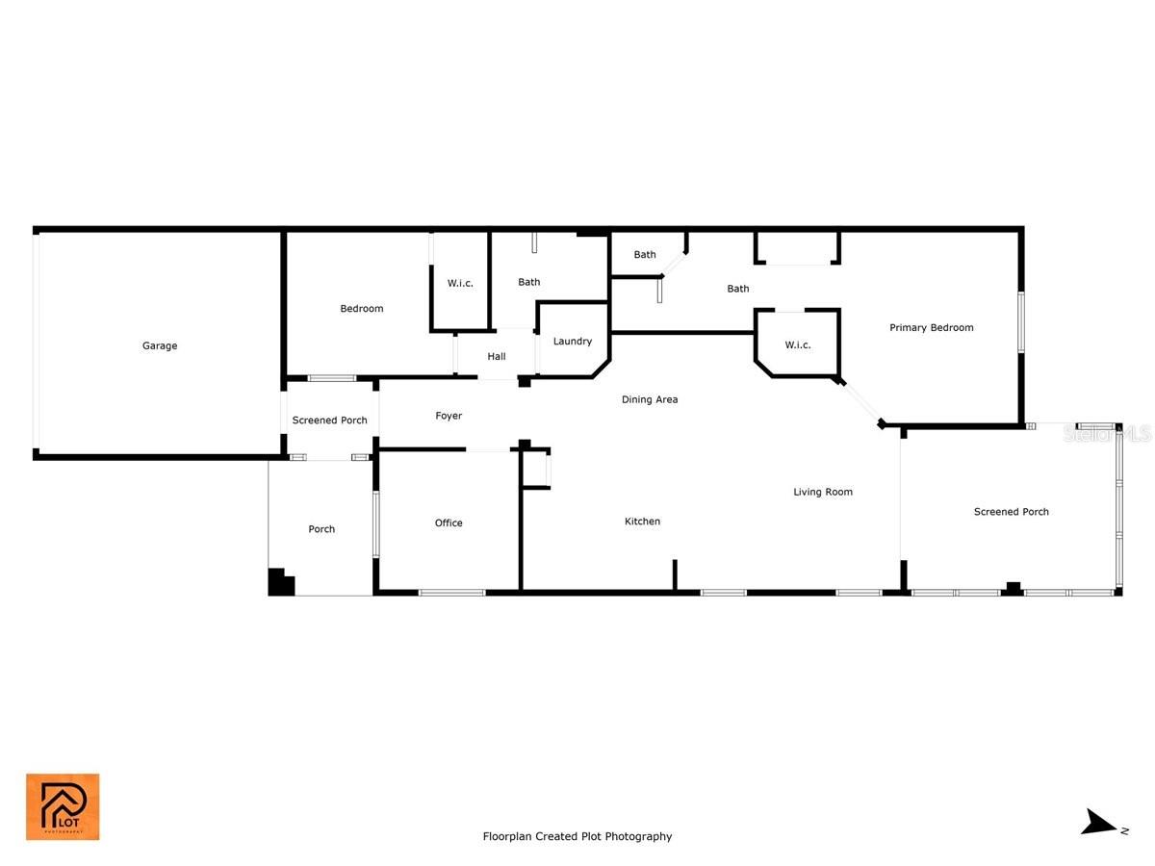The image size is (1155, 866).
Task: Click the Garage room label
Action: [160, 345]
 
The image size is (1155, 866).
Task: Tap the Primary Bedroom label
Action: [931, 327]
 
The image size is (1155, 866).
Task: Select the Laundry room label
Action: [572, 342]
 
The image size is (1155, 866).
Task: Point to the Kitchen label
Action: [642, 522]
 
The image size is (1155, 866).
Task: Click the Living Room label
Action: [822, 492]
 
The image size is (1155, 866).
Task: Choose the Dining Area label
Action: [650, 399]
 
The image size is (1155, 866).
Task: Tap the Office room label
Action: [449, 522]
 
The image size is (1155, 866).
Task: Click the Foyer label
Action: [449, 416]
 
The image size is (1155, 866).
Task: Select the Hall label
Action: [497, 356]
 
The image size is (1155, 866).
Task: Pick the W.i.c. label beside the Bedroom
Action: [460, 284]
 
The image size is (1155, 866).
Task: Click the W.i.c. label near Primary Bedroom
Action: [797, 344]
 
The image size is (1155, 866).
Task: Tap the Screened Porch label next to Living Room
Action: [1011, 512]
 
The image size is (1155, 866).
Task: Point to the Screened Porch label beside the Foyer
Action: [329, 420]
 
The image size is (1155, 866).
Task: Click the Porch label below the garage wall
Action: [321, 529]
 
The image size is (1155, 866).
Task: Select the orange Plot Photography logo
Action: [63, 806]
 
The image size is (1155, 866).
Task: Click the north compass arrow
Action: [1098, 822]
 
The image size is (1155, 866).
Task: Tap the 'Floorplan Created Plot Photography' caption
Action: [577, 836]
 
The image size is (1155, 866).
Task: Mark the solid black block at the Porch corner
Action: [281, 582]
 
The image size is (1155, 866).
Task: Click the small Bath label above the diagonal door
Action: [645, 254]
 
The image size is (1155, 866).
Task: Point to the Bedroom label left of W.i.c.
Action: [362, 309]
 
